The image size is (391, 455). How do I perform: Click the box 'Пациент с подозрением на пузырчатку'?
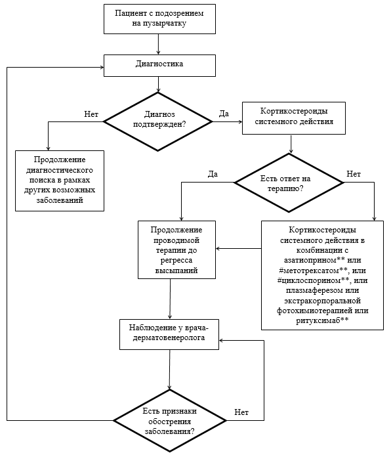click(159, 19)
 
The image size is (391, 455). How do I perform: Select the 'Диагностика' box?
click(159, 66)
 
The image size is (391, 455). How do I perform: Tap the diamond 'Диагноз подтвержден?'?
click(158, 121)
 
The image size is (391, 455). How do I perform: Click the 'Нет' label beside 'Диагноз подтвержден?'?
click(91, 114)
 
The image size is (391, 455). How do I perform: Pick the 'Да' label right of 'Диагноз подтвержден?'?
click(224, 114)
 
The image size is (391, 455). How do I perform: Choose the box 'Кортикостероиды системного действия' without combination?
click(294, 118)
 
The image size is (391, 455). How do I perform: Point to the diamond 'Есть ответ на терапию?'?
click(289, 183)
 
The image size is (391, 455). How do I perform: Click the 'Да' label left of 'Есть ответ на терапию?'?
click(213, 174)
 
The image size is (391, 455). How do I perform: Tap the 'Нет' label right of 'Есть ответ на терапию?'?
click(354, 174)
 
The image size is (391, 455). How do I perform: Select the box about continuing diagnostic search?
click(60, 181)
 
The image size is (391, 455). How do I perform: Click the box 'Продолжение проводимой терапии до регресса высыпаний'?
click(177, 249)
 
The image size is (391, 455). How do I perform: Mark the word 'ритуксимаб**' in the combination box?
click(322, 320)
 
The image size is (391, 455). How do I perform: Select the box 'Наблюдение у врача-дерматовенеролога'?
click(169, 334)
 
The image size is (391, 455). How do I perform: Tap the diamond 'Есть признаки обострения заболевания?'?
click(169, 420)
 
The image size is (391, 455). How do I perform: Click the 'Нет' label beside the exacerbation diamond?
click(241, 412)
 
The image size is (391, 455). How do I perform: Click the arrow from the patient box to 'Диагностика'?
click(158, 44)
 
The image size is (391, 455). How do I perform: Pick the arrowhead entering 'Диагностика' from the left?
click(102, 68)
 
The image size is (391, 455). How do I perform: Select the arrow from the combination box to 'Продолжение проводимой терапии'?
click(239, 248)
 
